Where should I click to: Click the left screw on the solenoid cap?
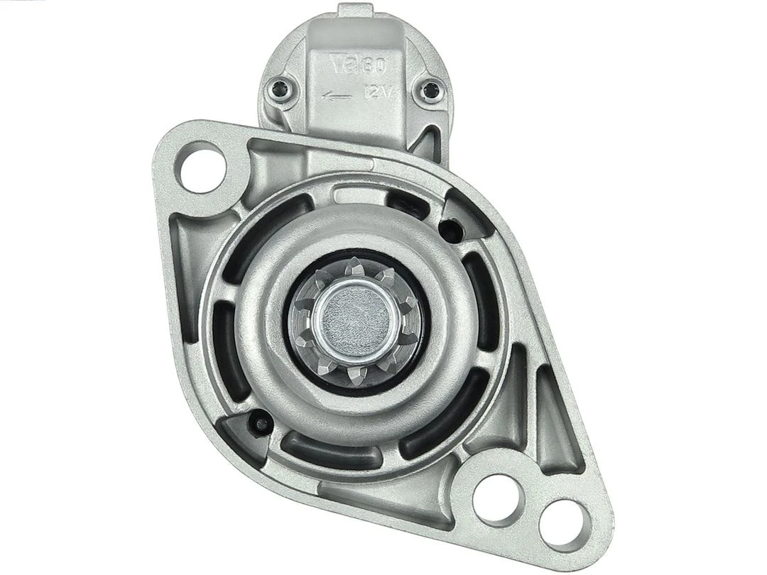pos(279,90)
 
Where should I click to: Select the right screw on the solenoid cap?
pos(430,90)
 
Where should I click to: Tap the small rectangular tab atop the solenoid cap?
pos(355,11)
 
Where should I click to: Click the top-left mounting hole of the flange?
pos(202,167)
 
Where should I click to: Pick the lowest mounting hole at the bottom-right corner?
pos(564,524)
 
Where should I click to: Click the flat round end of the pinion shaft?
pos(353,317)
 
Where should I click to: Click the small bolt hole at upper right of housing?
pos(449,229)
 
